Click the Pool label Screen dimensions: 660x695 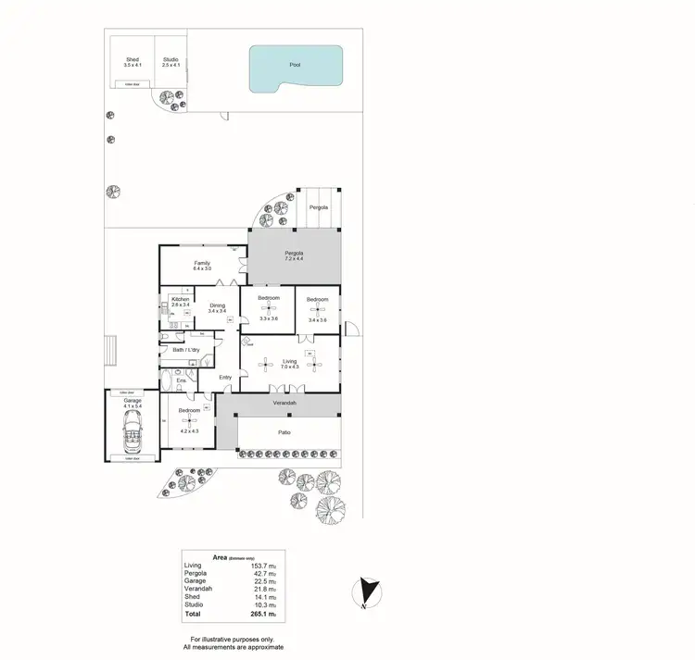[x=295, y=65]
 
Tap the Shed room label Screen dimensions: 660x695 [x=133, y=60]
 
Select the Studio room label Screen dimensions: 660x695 [x=171, y=60]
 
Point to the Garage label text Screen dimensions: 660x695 [x=133, y=401]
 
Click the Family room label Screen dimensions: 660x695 [x=202, y=264]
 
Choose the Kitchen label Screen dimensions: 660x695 [x=180, y=299]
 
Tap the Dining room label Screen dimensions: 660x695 [x=218, y=305]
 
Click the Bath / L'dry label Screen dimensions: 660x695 [x=186, y=350]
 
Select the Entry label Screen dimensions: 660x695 [x=225, y=377]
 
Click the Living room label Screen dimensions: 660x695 [x=290, y=362]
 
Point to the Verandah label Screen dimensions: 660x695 [x=284, y=404]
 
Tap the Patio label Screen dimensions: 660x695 [x=285, y=431]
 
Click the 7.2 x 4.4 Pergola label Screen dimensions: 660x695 [x=295, y=255]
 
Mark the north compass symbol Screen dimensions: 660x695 [x=368, y=591]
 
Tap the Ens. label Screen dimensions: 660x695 [x=181, y=380]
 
